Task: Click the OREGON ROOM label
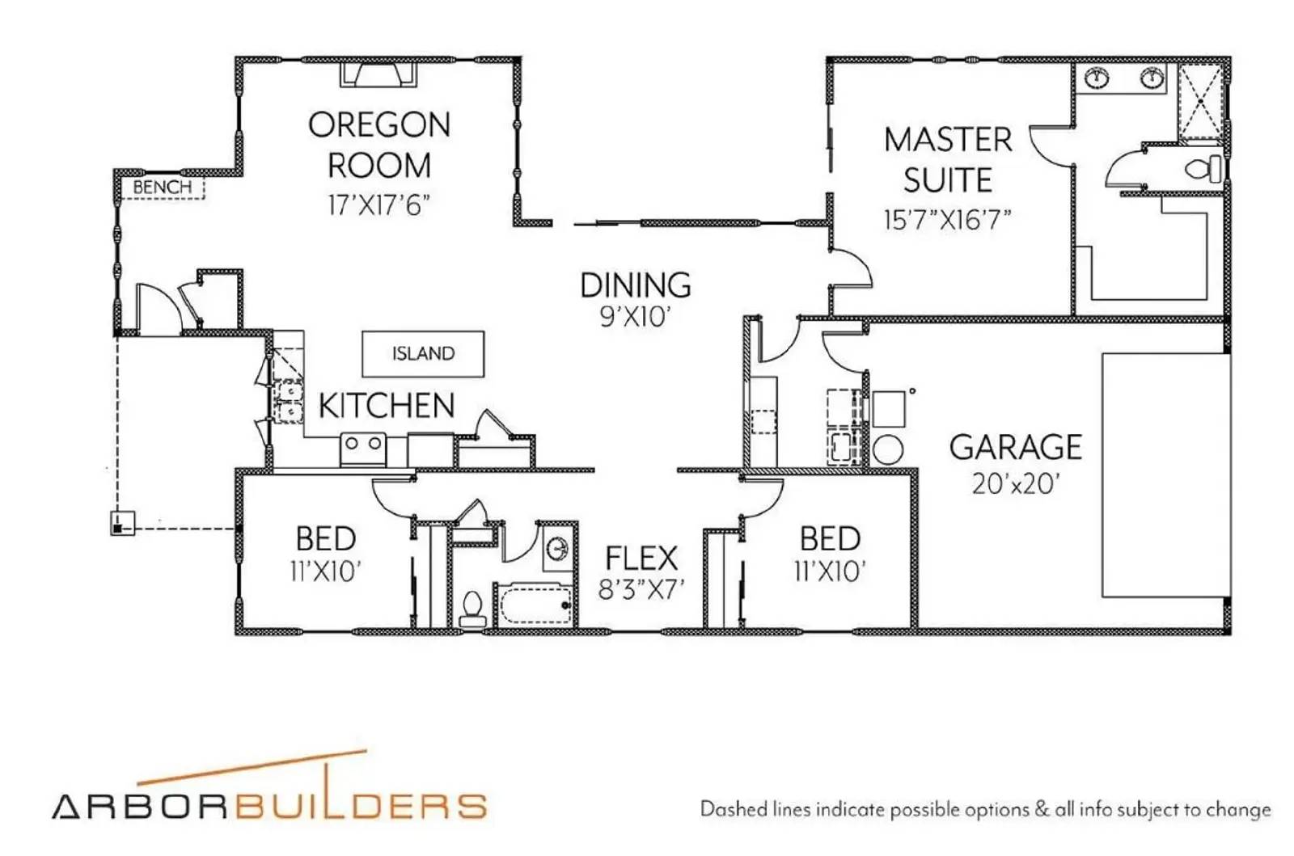379,145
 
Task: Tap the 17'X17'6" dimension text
378,205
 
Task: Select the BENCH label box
163,188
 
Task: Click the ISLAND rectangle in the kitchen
423,354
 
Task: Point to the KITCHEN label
387,406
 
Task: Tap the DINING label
636,285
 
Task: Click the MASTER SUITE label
948,160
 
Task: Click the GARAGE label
1015,447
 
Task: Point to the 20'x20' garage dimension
1015,483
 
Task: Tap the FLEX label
641,558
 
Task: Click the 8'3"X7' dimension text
641,589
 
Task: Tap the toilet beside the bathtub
472,608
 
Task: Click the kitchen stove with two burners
363,449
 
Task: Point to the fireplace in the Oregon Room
378,75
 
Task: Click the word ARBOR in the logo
137,806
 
